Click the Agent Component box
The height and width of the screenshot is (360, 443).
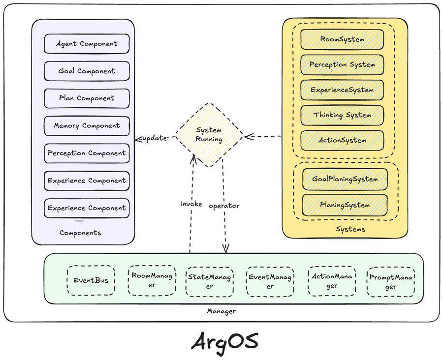(x=87, y=43)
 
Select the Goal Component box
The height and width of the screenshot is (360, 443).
(x=87, y=71)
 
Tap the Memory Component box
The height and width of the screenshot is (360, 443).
(x=87, y=125)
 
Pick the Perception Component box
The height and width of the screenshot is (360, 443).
(x=87, y=153)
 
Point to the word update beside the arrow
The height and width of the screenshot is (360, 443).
(x=154, y=139)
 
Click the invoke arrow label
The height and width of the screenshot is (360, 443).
(x=191, y=204)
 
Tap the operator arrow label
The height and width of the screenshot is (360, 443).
(x=224, y=206)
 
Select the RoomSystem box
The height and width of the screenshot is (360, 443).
(x=343, y=39)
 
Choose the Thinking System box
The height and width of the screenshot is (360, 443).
(x=343, y=115)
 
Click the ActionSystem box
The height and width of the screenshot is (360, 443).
(x=343, y=140)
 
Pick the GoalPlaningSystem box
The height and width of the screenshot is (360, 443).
(x=345, y=179)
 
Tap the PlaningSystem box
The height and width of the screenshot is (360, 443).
(x=345, y=205)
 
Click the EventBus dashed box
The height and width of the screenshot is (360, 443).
(x=91, y=281)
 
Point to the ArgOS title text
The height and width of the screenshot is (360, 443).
(x=224, y=341)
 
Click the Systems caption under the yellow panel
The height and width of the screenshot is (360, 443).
(x=350, y=229)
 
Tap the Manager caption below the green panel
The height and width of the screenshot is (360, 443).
(x=221, y=311)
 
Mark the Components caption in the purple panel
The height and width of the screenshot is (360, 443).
(x=80, y=233)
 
